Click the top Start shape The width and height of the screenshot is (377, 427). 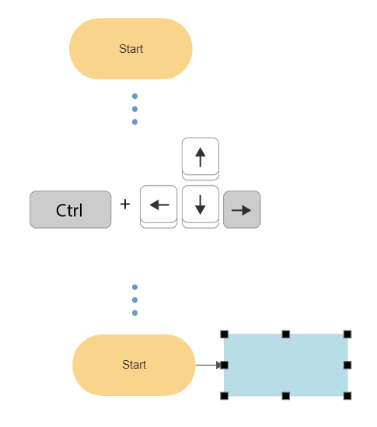pos(131,48)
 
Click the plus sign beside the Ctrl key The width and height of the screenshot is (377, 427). pos(125,205)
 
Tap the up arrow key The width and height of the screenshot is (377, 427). pos(200,157)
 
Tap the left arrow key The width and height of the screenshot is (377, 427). pos(159,205)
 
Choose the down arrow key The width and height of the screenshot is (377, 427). pos(200,205)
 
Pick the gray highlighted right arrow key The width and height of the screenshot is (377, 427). pos(242,209)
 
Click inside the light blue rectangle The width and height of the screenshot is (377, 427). pos(285,365)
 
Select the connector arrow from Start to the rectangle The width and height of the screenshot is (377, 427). pos(208,365)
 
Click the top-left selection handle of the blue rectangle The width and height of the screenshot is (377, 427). pos(224,334)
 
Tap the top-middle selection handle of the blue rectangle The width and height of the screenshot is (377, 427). pos(285,334)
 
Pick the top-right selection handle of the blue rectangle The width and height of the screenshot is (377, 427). pos(347,334)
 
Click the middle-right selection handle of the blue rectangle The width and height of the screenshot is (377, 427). pos(347,365)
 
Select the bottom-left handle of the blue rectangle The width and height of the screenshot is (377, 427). pos(224,396)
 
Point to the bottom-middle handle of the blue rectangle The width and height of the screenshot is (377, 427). pos(285,396)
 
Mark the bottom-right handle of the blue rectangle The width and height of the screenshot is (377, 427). pos(347,396)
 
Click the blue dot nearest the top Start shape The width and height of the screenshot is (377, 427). pos(134,96)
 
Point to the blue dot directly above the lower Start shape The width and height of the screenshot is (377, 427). pos(134,313)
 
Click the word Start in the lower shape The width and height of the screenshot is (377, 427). pos(134,365)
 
